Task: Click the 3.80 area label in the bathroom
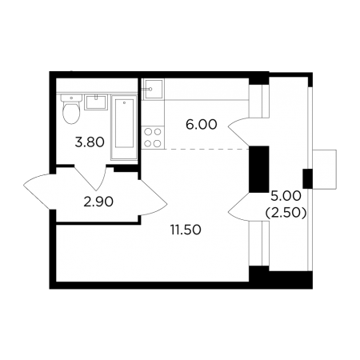click(x=90, y=142)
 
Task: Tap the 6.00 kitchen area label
click(x=202, y=125)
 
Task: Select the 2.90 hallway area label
click(x=98, y=202)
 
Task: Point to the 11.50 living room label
click(x=186, y=230)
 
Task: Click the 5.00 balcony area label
click(x=286, y=196)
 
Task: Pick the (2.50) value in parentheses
click(x=286, y=213)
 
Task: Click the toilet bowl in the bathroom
click(x=71, y=110)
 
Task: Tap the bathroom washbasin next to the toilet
click(x=96, y=102)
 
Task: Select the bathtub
click(x=124, y=127)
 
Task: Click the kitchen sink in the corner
click(x=153, y=89)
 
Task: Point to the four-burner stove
click(x=153, y=138)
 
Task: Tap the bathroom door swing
click(x=90, y=178)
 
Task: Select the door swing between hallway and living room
click(x=154, y=198)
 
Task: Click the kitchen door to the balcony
click(x=239, y=131)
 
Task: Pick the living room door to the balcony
click(x=239, y=206)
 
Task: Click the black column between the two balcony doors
click(x=258, y=169)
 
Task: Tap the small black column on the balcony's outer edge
click(x=307, y=178)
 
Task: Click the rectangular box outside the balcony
click(x=324, y=170)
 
